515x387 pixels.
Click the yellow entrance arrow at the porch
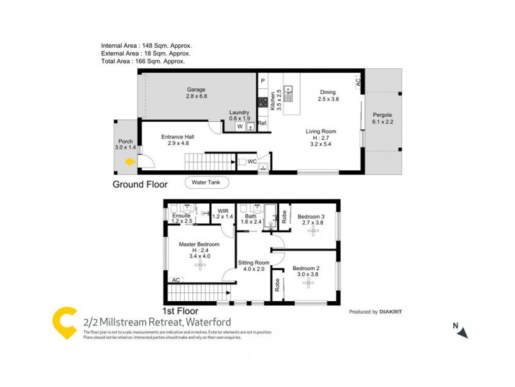130,162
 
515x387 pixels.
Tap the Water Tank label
206,183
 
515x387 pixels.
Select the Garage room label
196,90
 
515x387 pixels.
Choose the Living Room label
321,132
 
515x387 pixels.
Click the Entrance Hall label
177,137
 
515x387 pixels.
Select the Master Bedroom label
199,244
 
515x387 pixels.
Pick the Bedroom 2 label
306,268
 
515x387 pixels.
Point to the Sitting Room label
254,263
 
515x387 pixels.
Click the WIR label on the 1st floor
223,210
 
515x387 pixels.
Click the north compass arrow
463,332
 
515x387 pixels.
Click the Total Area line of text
143,61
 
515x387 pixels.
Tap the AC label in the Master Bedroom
175,280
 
